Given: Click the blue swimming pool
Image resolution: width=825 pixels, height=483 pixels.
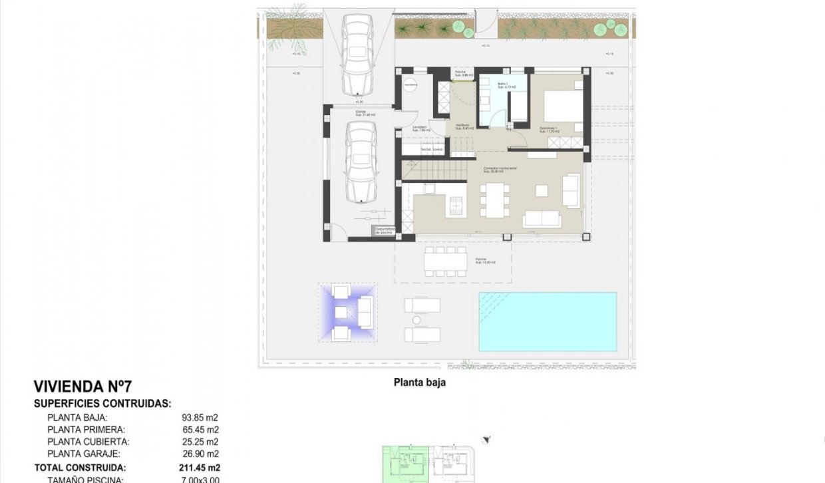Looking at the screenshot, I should (548, 321).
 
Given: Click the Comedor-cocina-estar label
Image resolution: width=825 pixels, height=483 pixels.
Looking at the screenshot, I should (500, 169).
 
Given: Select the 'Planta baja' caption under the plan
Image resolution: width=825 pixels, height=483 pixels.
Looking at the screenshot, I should (420, 383).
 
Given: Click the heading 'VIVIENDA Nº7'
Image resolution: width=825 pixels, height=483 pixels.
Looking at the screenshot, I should (83, 387).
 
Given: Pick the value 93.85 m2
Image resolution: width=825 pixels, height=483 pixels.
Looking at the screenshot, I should (200, 418).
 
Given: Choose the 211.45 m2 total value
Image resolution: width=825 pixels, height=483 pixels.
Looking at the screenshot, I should (200, 468).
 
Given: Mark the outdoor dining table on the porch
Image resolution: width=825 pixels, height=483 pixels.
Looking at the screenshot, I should (446, 261).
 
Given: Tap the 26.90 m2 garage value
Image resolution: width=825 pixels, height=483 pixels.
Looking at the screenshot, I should (200, 454).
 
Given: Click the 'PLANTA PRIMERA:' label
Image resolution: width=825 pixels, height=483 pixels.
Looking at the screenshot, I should (86, 430).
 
